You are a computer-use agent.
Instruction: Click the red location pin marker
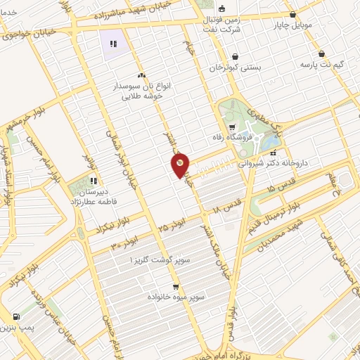tap(180, 165)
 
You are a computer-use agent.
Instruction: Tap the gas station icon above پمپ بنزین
tap(15, 316)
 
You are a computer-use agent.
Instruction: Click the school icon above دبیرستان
tap(94, 180)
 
